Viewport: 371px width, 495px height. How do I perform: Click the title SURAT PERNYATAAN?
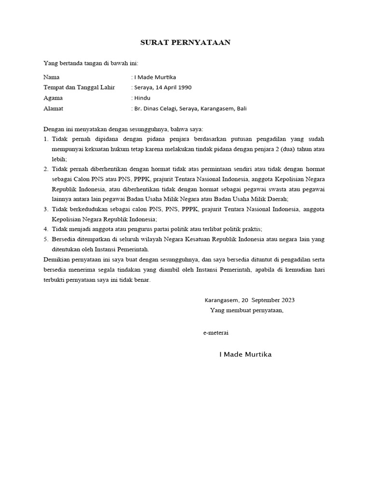point(185,43)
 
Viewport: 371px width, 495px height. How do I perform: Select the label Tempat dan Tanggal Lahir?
point(79,87)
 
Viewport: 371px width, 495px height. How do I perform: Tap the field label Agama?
point(53,98)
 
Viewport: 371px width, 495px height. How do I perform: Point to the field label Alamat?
point(53,109)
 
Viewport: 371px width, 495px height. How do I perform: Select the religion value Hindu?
point(142,98)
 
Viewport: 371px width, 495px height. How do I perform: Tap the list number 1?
point(46,139)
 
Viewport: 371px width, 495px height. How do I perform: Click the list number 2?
point(46,169)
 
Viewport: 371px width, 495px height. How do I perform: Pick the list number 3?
point(46,209)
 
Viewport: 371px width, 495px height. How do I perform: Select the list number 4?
point(46,229)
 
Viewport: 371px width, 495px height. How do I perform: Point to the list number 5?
point(46,239)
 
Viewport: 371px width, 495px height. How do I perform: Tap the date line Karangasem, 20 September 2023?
point(250,300)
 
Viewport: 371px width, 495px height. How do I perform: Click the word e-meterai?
point(215,333)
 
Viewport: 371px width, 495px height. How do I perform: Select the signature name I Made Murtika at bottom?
point(245,354)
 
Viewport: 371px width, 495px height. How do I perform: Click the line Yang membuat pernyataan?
point(246,310)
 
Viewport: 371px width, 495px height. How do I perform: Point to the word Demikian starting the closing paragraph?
point(56,260)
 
